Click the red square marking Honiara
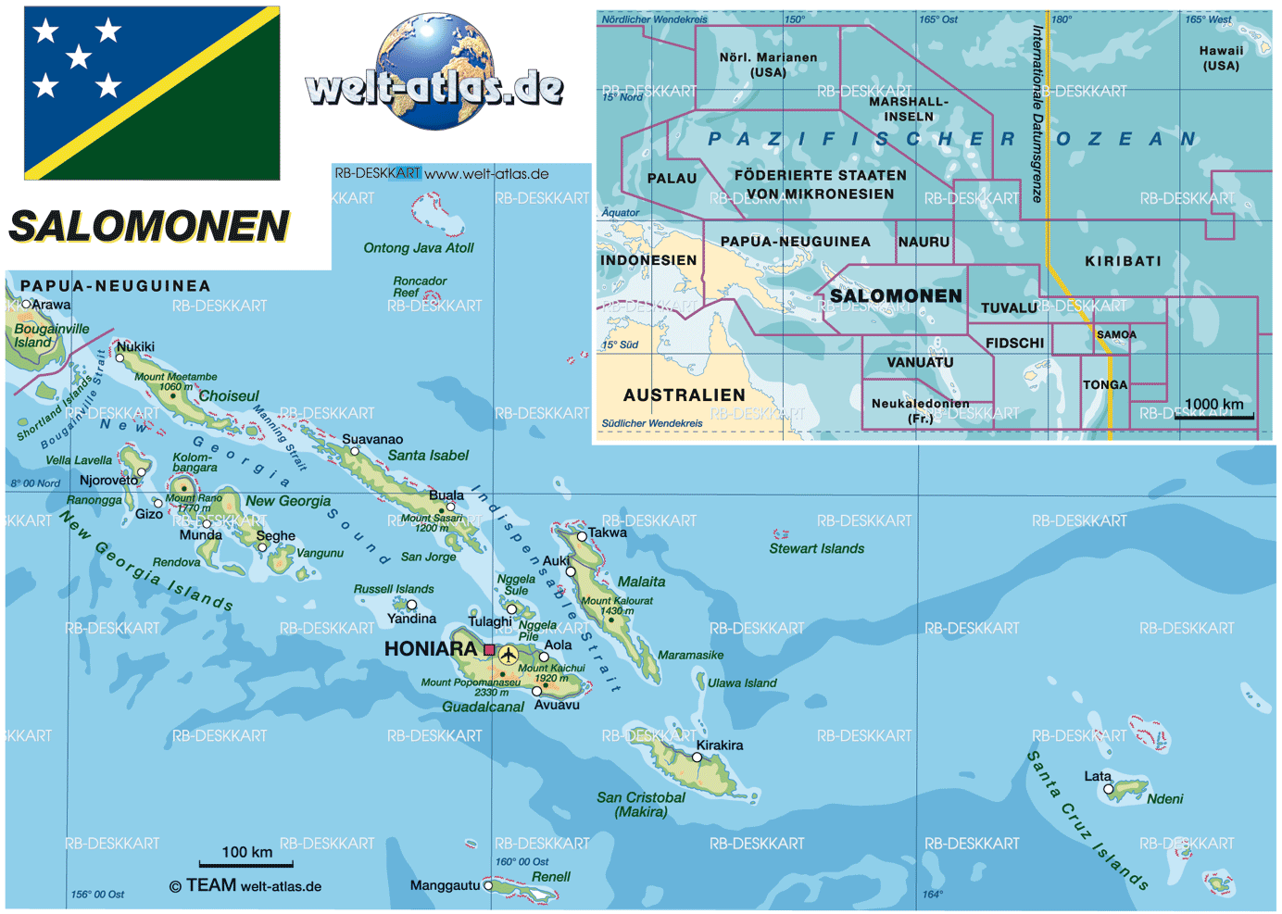[489, 650]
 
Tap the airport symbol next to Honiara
[509, 656]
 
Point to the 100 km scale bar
[246, 864]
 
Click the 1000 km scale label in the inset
[1213, 404]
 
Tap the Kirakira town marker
[698, 757]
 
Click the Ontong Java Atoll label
[418, 248]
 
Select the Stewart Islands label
[816, 548]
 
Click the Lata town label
[1098, 776]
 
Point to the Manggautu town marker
[488, 885]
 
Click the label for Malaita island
[641, 582]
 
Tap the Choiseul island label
[229, 395]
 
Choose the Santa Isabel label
[428, 455]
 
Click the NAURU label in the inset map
[924, 242]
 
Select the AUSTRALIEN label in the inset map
[684, 395]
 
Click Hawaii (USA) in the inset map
[1221, 58]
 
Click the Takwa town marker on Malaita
[582, 536]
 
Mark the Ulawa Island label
[742, 683]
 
